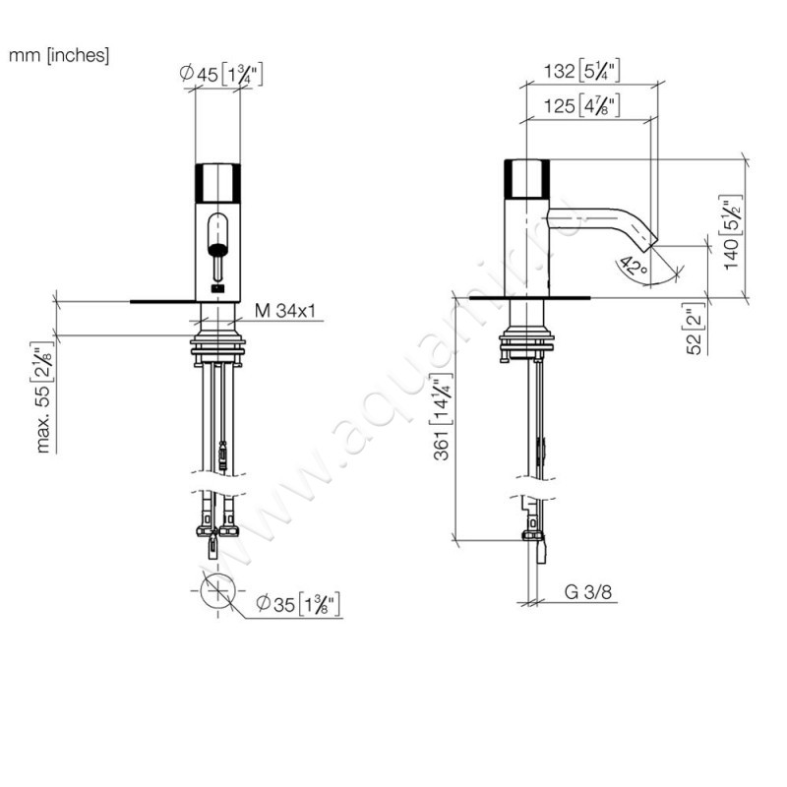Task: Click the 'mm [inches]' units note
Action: [59, 55]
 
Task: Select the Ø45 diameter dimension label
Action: [220, 75]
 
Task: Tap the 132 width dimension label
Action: [581, 71]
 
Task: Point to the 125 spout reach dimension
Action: [581, 106]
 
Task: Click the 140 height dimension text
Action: [731, 232]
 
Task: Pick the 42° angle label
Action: [633, 266]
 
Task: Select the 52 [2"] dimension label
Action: [695, 329]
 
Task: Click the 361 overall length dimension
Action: [441, 416]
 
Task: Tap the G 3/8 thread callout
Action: [588, 592]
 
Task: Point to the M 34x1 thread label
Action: [285, 311]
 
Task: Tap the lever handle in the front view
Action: [217, 247]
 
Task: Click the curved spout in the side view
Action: [602, 225]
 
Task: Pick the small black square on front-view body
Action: [217, 288]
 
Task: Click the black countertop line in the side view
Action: [530, 298]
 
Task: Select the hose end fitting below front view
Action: [212, 547]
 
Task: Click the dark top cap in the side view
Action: [527, 178]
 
